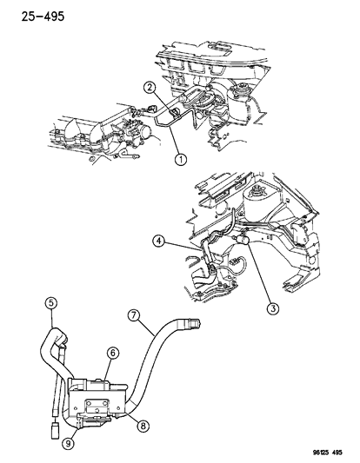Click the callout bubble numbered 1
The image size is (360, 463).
181,160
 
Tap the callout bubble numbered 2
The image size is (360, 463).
150,88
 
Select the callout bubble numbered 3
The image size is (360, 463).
272,308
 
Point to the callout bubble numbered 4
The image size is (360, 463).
159,241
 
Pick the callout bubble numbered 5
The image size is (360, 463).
51,302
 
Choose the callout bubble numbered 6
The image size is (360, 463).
113,353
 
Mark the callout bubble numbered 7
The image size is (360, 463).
133,315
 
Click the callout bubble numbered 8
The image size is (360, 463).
143,427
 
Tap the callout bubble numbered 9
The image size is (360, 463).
69,444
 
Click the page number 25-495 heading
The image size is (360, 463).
43,17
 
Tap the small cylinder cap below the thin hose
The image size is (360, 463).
55,430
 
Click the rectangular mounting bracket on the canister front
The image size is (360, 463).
97,406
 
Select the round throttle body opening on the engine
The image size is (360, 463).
148,135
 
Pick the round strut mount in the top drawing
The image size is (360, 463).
240,89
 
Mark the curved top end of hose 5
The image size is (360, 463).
57,334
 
